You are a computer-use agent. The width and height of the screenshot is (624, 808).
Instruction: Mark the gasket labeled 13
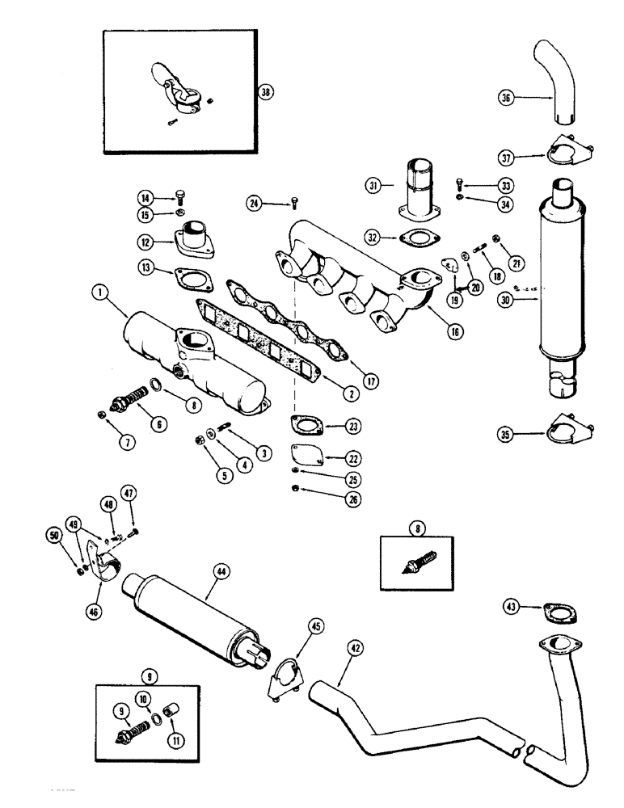(x=192, y=279)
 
